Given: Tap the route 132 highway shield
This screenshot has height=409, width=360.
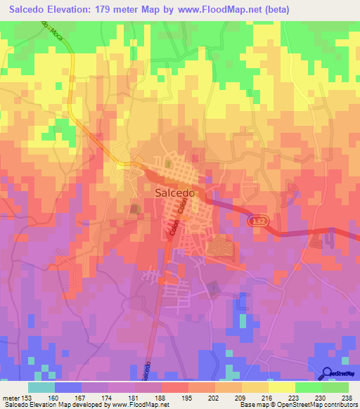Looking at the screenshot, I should [257, 221].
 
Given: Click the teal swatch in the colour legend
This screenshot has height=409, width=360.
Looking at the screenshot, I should [41, 387].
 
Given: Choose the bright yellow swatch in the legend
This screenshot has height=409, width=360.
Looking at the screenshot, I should [281, 387].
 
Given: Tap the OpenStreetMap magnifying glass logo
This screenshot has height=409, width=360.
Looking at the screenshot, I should [328, 375].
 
